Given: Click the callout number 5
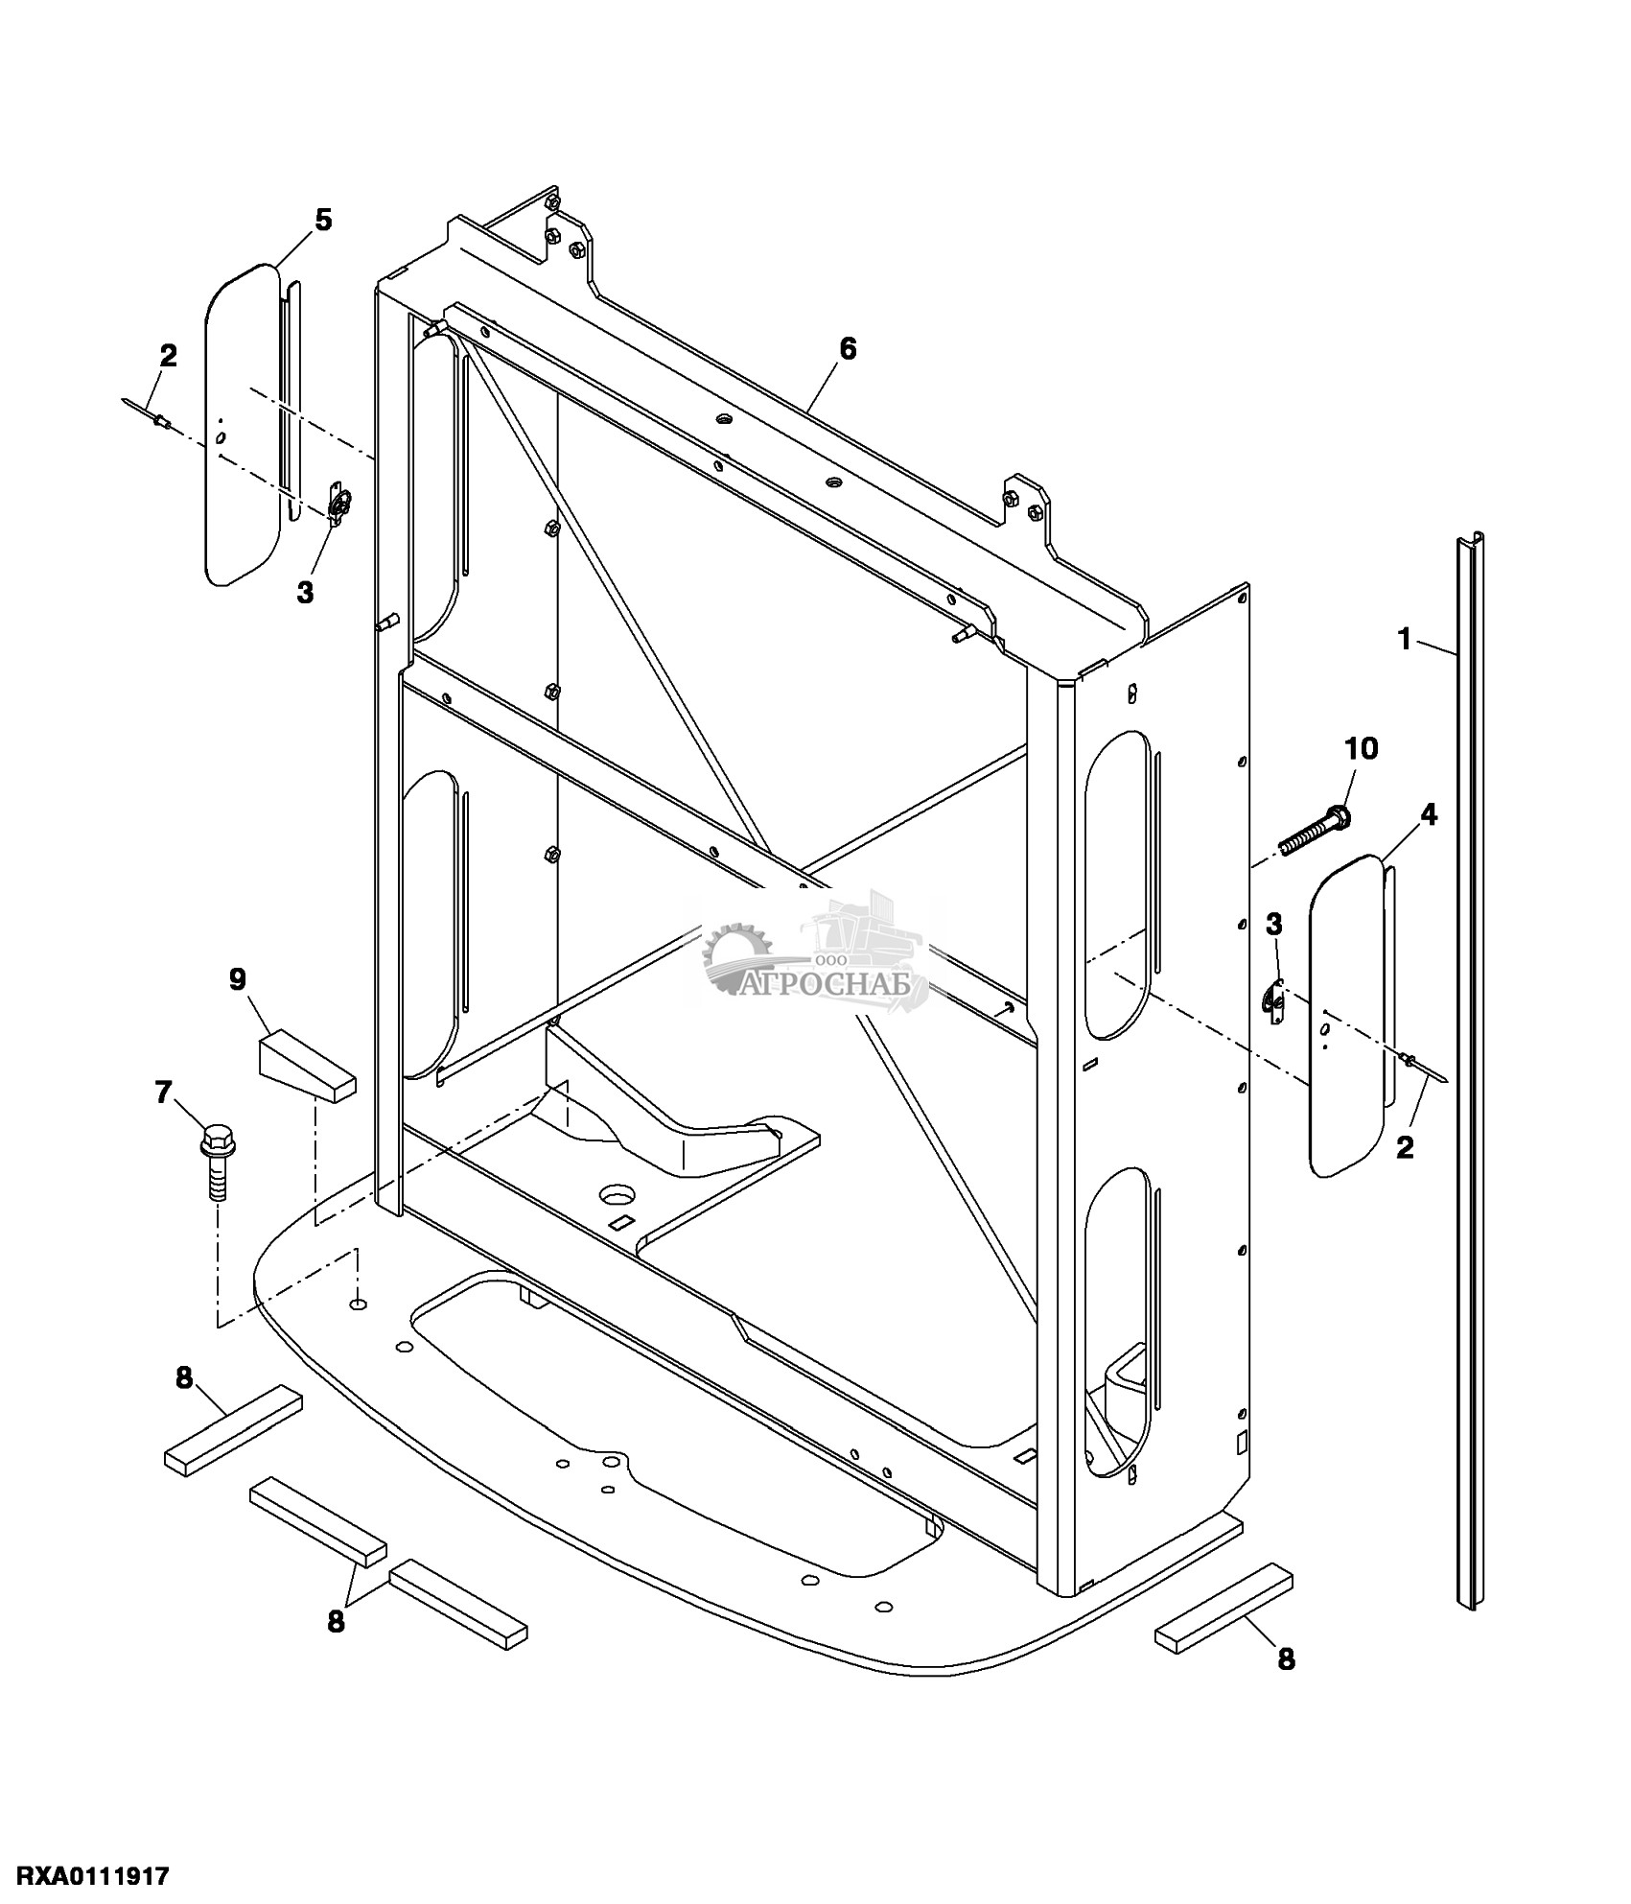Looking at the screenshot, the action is (323, 221).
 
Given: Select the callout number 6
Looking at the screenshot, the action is (847, 348).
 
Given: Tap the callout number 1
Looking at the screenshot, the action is (1406, 638).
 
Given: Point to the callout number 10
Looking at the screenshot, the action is (1363, 748).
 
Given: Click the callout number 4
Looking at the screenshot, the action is (1429, 815).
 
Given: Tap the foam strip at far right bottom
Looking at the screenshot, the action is (1225, 1603).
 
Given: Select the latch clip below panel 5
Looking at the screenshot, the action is (339, 505).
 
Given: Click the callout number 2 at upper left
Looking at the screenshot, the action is (169, 356).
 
